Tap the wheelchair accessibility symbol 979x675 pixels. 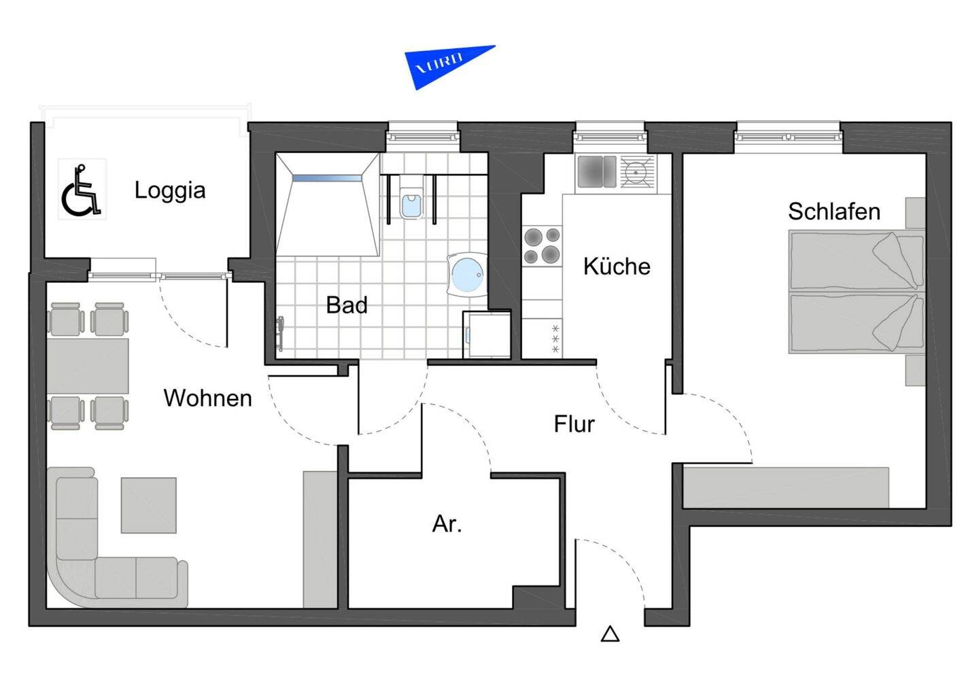tap(82, 190)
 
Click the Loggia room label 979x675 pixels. tap(170, 190)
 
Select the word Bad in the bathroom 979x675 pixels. tap(347, 305)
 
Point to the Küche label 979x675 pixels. tap(617, 266)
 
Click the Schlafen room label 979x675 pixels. tap(834, 212)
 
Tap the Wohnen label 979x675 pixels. tap(207, 398)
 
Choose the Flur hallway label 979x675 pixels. tap(574, 424)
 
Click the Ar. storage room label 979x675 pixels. tap(447, 524)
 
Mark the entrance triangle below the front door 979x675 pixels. tap(610, 634)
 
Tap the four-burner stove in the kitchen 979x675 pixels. tap(542, 246)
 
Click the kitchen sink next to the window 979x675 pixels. tap(596, 171)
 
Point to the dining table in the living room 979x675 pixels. tap(88, 366)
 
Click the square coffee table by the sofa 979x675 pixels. tap(149, 505)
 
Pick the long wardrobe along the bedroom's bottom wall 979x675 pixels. tap(786, 487)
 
